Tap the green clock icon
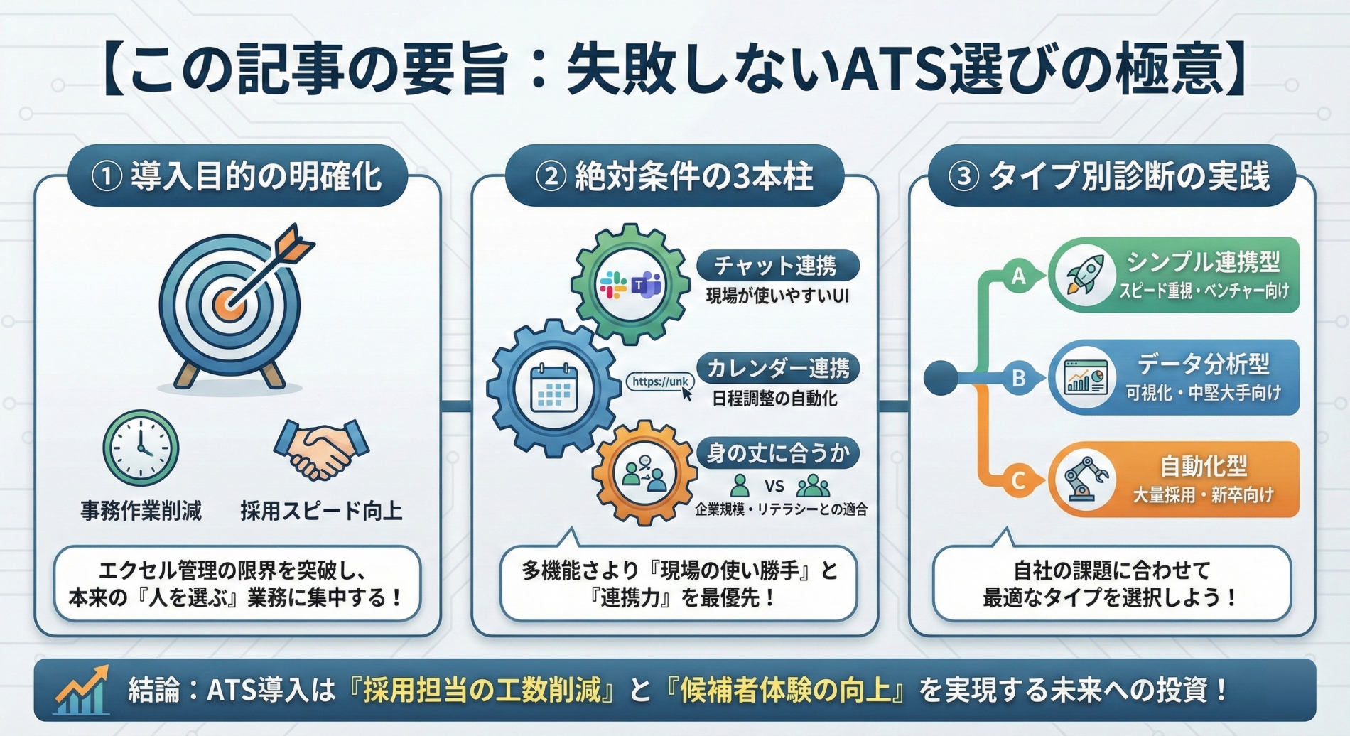141,448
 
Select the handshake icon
321,448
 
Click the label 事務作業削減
141,511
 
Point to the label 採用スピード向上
321,511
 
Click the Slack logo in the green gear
612,285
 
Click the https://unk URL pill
659,382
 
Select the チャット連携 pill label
777,266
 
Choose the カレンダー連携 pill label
777,368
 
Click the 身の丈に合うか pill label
777,453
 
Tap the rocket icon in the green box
1084,276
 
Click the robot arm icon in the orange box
1084,479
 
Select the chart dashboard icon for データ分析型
1085,377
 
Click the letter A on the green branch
1018,276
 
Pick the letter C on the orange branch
1018,481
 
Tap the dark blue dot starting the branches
941,378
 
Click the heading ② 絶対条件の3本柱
674,176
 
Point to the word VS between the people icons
774,486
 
